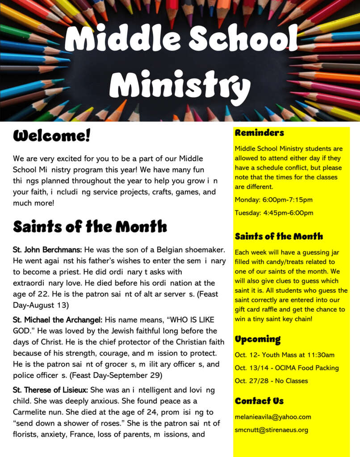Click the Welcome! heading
click(52, 136)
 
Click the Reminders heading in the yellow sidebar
click(260, 133)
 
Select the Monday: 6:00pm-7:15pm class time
click(274, 199)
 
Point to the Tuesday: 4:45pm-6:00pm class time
click(274, 213)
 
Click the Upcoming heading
click(258, 339)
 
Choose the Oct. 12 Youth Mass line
click(285, 355)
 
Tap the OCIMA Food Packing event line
click(287, 368)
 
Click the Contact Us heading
click(259, 401)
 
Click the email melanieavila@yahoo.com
click(273, 417)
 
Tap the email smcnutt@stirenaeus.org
click(272, 430)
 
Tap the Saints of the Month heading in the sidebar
click(279, 237)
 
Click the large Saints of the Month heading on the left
click(90, 227)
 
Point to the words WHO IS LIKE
click(188, 320)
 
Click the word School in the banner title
click(243, 39)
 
